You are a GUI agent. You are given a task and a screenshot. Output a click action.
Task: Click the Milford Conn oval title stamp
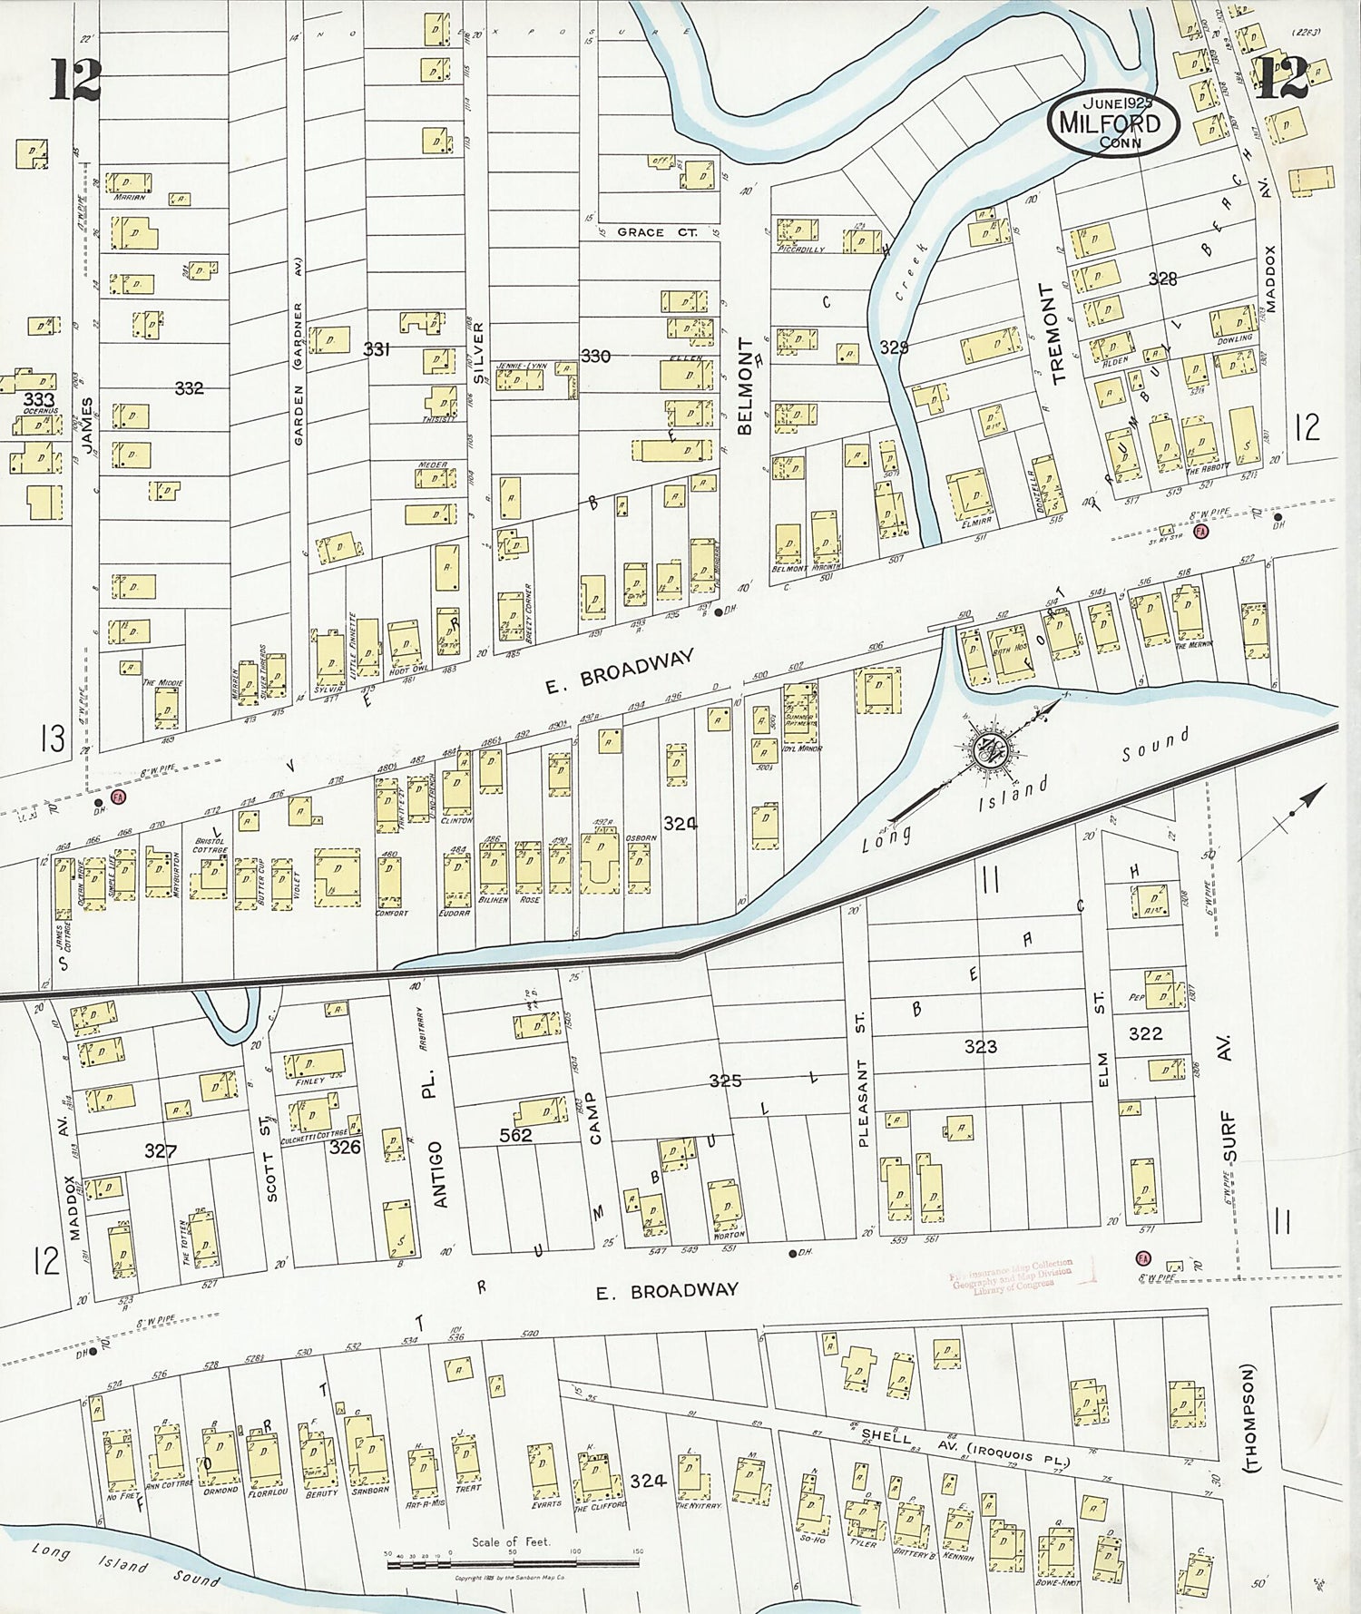(x=1113, y=122)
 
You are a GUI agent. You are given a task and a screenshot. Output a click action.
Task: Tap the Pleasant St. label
(x=862, y=1080)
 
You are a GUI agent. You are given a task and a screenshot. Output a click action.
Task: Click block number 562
(x=515, y=1135)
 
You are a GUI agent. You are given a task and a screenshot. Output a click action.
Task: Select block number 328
(x=1162, y=279)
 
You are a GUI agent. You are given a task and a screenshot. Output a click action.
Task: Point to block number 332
(x=189, y=388)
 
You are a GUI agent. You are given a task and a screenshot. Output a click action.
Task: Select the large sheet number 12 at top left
(x=74, y=80)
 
